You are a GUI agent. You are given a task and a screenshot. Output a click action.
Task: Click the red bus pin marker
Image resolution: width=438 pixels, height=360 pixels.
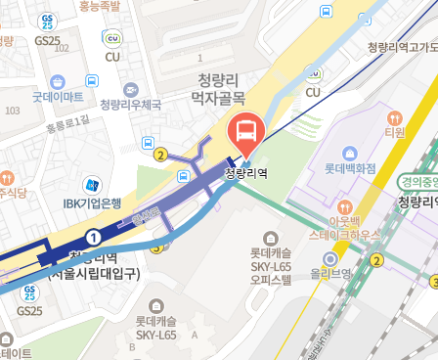245,134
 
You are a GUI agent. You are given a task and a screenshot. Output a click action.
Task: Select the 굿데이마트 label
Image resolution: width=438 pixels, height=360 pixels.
58,97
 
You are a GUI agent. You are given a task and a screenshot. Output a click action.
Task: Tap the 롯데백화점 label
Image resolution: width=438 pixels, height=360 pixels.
351,169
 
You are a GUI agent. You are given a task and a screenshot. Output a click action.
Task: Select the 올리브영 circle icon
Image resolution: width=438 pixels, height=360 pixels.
330,259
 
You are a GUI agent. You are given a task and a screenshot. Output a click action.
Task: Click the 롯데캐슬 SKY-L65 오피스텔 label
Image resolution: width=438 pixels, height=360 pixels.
277,251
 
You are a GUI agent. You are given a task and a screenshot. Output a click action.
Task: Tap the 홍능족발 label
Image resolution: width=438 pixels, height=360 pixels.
100,6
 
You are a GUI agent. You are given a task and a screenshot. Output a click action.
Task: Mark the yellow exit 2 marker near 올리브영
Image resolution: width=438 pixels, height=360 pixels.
376,259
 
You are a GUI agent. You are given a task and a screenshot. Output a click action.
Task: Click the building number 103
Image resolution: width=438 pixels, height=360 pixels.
12,111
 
